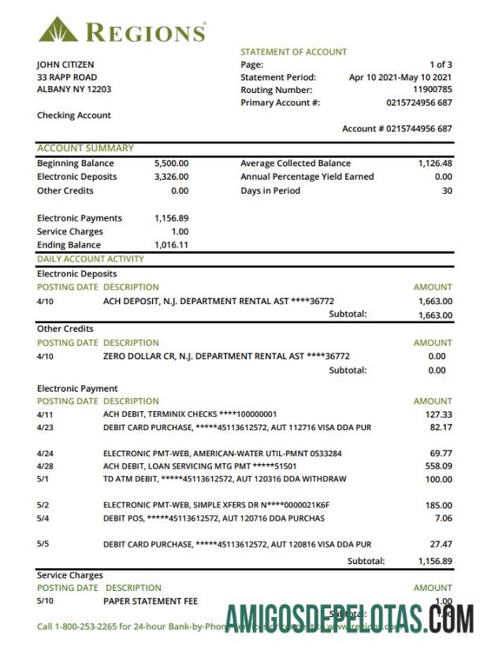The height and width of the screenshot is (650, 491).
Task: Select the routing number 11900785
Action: (x=433, y=90)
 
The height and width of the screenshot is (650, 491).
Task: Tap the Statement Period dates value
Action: (x=400, y=77)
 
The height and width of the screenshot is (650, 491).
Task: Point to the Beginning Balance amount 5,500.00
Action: (x=171, y=164)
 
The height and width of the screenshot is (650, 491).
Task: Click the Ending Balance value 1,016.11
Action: (x=171, y=245)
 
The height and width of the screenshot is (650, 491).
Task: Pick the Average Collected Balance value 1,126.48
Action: (x=435, y=164)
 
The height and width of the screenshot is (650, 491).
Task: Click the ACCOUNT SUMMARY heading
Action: (x=85, y=148)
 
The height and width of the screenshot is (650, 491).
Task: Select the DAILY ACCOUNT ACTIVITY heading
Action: (x=91, y=258)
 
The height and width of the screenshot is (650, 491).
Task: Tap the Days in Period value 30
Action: (x=447, y=191)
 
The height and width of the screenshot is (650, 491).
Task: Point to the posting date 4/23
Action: (x=44, y=428)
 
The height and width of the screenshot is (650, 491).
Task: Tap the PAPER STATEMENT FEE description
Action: (x=151, y=601)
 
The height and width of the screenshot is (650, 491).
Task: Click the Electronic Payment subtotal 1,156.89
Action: (x=435, y=561)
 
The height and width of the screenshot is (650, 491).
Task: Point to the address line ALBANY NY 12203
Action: (x=74, y=90)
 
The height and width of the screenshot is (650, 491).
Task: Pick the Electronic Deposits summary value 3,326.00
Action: (x=171, y=177)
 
